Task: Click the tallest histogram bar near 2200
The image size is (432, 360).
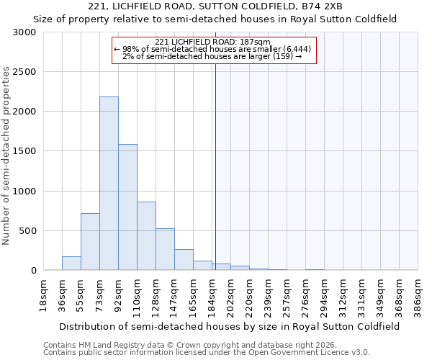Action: click(109, 184)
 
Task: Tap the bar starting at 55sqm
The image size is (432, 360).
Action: click(90, 242)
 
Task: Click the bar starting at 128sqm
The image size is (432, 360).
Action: click(165, 249)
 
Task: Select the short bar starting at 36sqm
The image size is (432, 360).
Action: click(71, 264)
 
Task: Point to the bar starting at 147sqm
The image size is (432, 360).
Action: click(184, 260)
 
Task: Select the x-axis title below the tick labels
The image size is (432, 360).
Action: click(230, 326)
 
